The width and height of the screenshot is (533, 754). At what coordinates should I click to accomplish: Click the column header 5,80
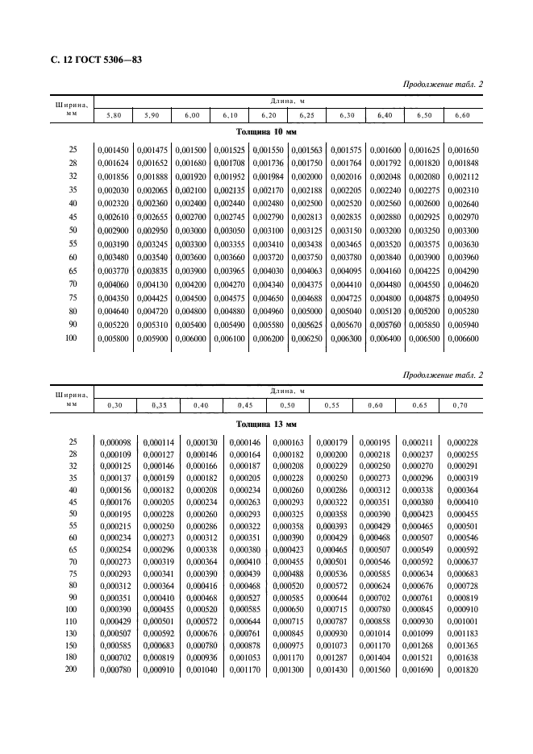(114, 116)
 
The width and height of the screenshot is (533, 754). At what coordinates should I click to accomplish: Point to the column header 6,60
(462, 116)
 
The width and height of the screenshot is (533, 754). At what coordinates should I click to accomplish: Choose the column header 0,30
(114, 404)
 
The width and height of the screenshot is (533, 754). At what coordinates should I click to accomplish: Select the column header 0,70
(460, 404)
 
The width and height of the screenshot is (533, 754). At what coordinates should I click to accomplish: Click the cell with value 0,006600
(462, 339)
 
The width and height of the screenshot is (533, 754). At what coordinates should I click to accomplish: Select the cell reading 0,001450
(114, 151)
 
